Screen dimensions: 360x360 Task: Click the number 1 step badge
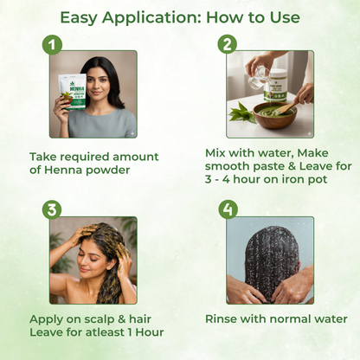[54, 44]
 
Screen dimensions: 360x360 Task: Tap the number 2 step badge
[228, 44]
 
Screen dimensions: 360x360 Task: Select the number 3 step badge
[54, 209]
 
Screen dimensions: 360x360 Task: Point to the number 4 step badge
[228, 209]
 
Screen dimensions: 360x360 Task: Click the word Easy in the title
[83, 16]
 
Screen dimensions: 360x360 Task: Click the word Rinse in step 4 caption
[225, 318]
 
